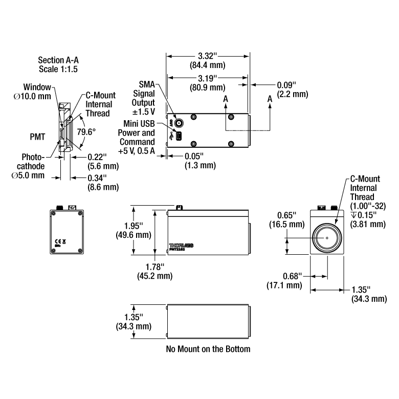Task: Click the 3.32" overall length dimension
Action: coord(208,55)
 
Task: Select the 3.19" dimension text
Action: coord(208,78)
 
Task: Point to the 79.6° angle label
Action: coord(87,132)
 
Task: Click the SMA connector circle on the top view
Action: coord(180,123)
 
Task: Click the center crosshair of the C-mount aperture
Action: coord(327,238)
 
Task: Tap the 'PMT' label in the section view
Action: coord(39,137)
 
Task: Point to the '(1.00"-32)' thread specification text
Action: coord(364,206)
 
